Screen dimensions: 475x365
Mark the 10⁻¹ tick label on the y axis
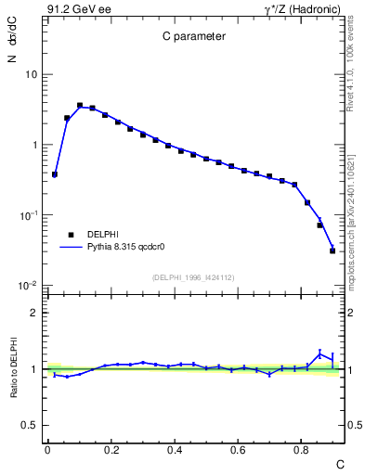pyautogui.click(x=29, y=215)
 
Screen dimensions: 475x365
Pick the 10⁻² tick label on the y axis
pyautogui.click(x=29, y=286)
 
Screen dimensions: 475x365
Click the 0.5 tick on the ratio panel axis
pyautogui.click(x=30, y=425)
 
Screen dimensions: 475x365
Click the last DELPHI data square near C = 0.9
pyautogui.click(x=332, y=250)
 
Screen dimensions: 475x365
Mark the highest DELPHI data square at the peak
pyautogui.click(x=80, y=106)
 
